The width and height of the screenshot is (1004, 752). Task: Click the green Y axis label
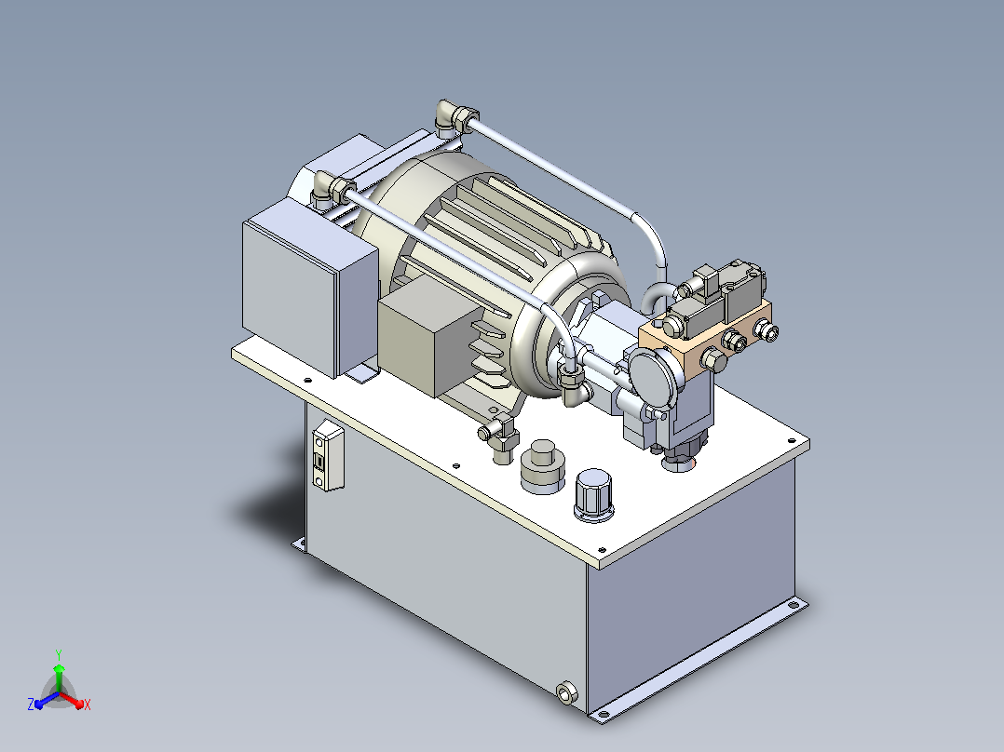[x=59, y=654]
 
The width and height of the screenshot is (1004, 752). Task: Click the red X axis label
[x=88, y=705]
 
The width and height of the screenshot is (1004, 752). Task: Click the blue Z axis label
[x=31, y=704]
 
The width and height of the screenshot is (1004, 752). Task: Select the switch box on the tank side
[x=328, y=455]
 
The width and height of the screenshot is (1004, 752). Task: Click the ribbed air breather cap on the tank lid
[x=593, y=495]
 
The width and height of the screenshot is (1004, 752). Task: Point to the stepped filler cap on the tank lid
[x=543, y=466]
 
